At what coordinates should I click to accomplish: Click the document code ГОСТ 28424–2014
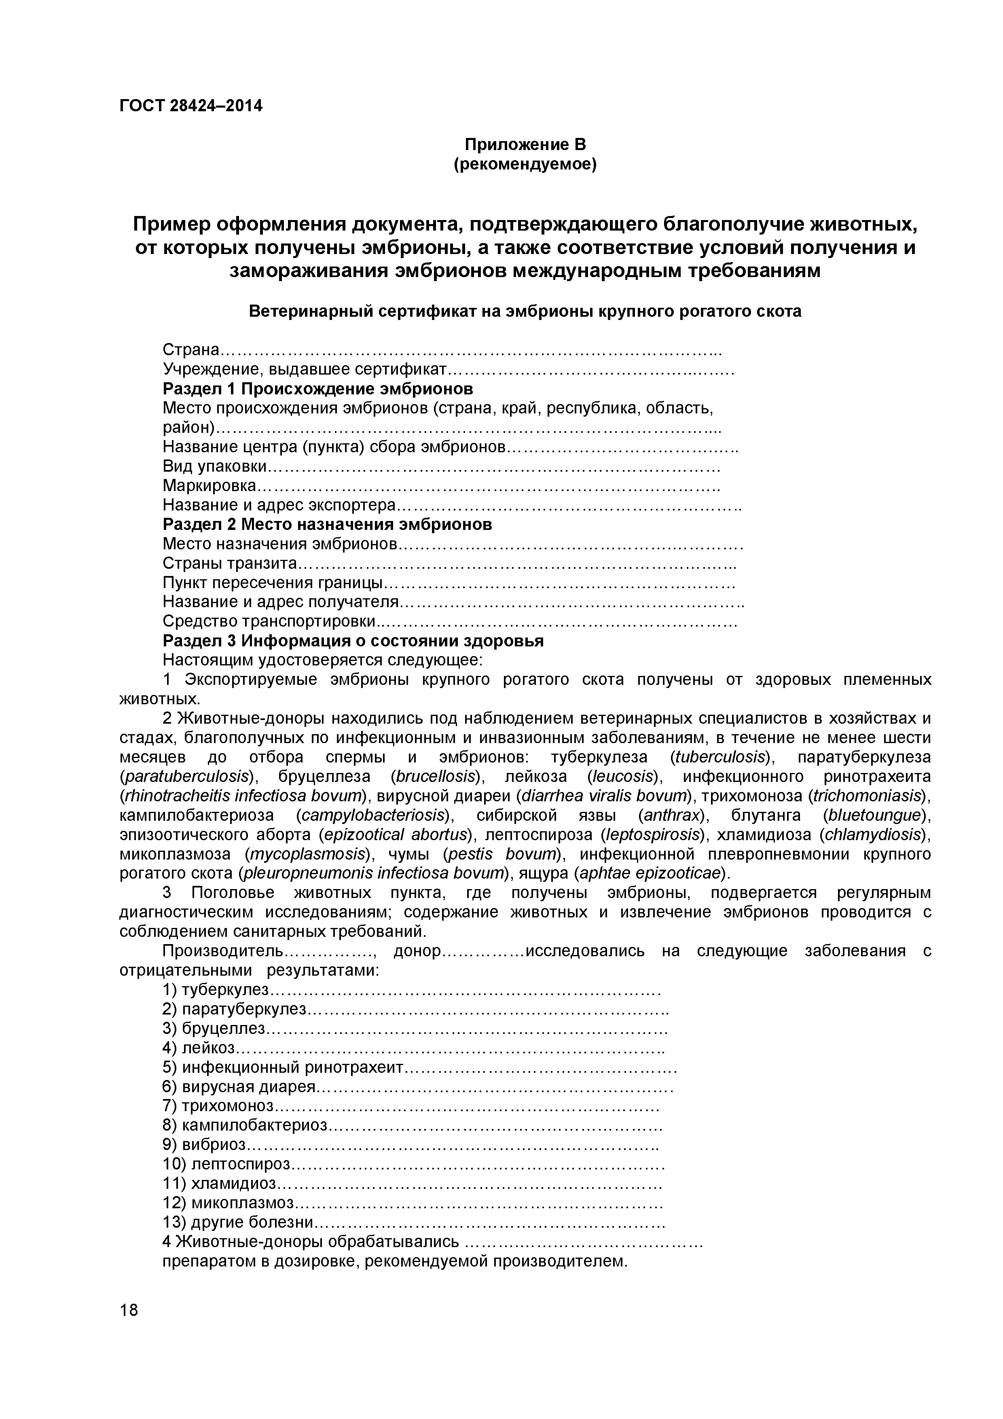pos(190,106)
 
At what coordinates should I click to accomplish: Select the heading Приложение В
pos(525,145)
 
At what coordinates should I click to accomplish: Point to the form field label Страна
pos(191,350)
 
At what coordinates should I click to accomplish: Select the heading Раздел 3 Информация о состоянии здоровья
pos(353,641)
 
